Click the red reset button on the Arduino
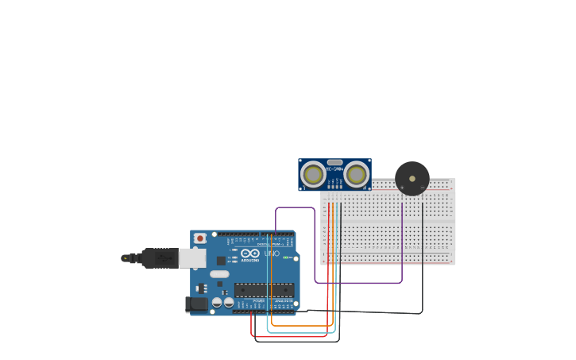click(x=200, y=238)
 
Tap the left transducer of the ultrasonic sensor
click(x=313, y=174)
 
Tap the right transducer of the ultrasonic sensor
click(x=356, y=174)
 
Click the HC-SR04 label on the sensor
click(x=334, y=168)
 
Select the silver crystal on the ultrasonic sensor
click(x=334, y=162)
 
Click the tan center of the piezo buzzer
click(x=412, y=178)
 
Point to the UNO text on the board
click(x=271, y=254)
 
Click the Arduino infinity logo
click(x=250, y=254)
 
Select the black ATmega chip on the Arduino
click(x=264, y=290)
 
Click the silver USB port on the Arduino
click(x=192, y=257)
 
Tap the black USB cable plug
click(x=159, y=258)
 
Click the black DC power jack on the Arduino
click(x=196, y=304)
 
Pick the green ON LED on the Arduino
click(x=286, y=257)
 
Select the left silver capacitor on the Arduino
click(x=217, y=302)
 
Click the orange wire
click(x=302, y=326)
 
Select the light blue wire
click(x=302, y=332)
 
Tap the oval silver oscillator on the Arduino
click(x=219, y=274)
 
